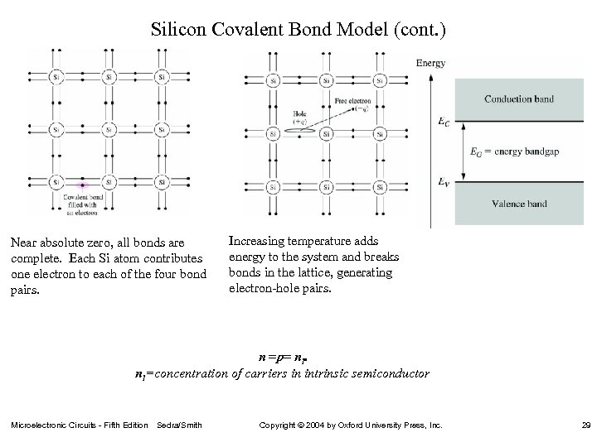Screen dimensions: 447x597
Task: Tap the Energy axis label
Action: coord(430,63)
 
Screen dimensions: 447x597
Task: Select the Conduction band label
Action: coord(520,99)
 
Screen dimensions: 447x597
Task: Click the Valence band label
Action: coord(520,204)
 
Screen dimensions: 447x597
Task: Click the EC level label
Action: coord(444,122)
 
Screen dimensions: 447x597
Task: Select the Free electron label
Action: coord(349,101)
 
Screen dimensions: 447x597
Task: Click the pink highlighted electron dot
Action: coord(82,184)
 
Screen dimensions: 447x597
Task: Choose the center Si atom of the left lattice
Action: coord(109,130)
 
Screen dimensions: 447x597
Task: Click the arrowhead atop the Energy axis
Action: coord(430,75)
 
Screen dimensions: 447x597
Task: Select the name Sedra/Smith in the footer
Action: coord(178,425)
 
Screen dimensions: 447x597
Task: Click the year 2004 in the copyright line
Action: coord(319,425)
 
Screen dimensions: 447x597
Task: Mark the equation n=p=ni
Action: coord(283,358)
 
